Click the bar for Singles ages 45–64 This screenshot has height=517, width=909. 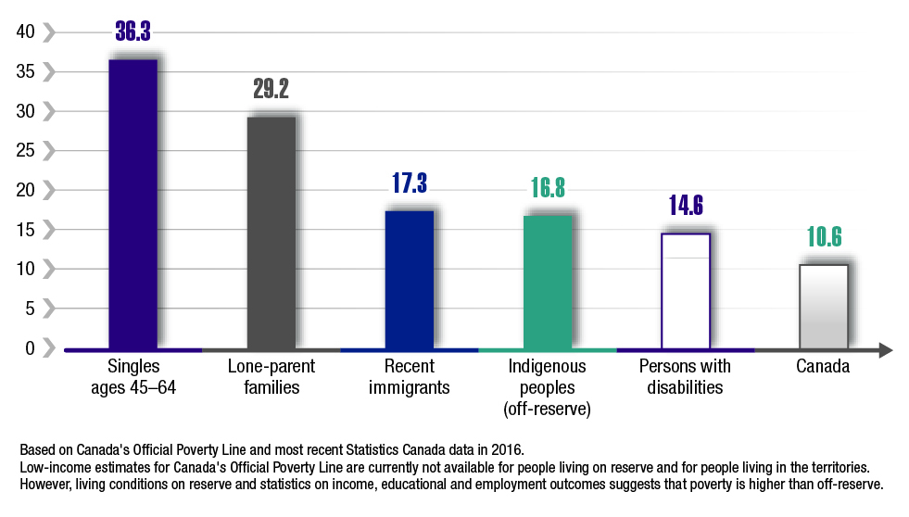[133, 204]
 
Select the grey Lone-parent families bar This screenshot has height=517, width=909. [271, 232]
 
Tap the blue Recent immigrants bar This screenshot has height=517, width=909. [410, 279]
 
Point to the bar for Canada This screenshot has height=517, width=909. [824, 306]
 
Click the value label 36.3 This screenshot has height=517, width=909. [133, 32]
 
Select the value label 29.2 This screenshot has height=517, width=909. [271, 89]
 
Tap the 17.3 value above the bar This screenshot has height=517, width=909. [409, 183]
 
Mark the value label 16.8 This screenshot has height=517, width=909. [548, 189]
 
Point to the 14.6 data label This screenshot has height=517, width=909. [686, 206]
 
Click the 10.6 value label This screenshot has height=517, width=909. [824, 237]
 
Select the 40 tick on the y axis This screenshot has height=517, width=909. [26, 32]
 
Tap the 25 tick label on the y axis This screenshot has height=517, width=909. [26, 151]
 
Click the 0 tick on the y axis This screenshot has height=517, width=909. [30, 348]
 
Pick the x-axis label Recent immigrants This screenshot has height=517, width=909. [410, 377]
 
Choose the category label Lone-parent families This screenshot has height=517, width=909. [271, 377]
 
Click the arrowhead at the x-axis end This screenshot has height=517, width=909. [885, 350]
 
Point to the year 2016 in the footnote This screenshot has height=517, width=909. [507, 450]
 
